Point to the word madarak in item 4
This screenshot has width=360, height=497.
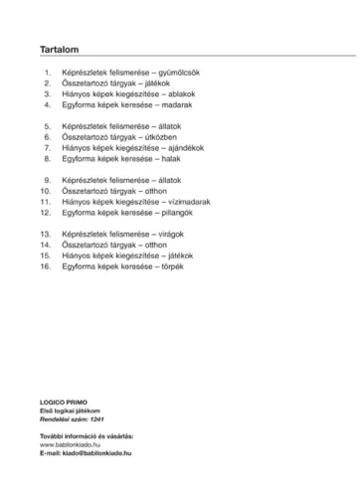(175, 104)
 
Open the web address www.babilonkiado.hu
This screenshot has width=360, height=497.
(74, 443)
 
